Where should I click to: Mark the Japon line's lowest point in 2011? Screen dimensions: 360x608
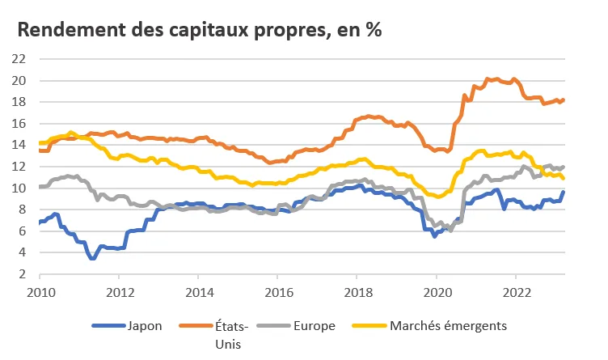point(93,257)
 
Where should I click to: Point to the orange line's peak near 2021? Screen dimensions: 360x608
point(487,78)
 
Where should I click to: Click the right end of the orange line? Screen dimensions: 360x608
point(564,100)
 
